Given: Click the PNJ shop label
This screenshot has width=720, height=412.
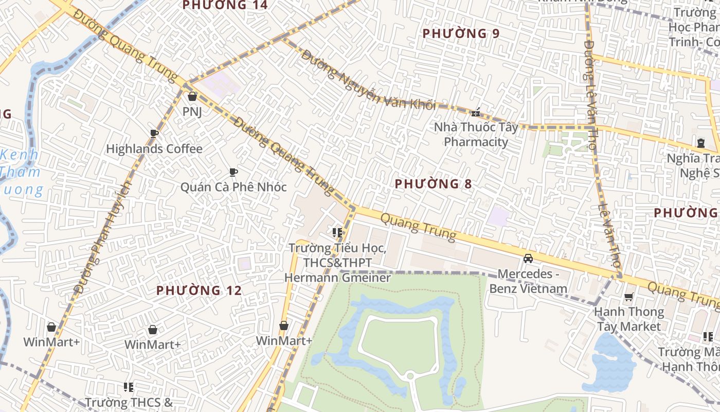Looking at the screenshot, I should (x=192, y=111).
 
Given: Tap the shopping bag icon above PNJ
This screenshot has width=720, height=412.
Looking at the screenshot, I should (x=192, y=96).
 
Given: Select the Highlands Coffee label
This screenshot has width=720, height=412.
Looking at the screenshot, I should (x=154, y=149).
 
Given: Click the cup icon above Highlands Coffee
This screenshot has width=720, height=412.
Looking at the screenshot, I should (x=154, y=134).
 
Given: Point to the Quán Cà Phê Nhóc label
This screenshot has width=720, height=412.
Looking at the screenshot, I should (x=233, y=186).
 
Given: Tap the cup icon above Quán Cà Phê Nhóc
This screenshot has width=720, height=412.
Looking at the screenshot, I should (x=233, y=172).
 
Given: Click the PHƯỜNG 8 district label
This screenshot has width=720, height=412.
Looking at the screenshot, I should (x=434, y=184).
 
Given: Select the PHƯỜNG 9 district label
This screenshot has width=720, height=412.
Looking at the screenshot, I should (x=461, y=33).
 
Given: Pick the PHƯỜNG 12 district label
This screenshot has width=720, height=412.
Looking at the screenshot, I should (x=199, y=290).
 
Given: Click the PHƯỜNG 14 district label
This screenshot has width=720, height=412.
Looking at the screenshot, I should (x=225, y=5).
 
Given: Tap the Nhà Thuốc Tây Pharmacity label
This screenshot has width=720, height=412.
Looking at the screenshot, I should (x=476, y=134).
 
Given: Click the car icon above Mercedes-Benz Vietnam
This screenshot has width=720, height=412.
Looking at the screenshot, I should (x=528, y=258).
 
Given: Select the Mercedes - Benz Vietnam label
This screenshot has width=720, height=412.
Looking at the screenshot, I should (x=528, y=281).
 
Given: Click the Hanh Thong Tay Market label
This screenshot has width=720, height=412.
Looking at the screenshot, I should (x=628, y=319).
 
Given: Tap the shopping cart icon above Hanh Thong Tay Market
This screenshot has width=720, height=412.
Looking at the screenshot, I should (x=628, y=297).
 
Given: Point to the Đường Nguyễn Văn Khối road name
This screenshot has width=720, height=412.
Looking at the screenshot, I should (x=368, y=80).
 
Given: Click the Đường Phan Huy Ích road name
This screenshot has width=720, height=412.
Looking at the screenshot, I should (x=103, y=237).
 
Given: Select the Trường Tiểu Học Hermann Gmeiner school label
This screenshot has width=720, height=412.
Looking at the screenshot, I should (x=337, y=263).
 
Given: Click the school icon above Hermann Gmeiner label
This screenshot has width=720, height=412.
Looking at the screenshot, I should (x=337, y=233).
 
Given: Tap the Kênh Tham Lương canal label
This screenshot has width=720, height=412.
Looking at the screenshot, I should (x=21, y=172).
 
